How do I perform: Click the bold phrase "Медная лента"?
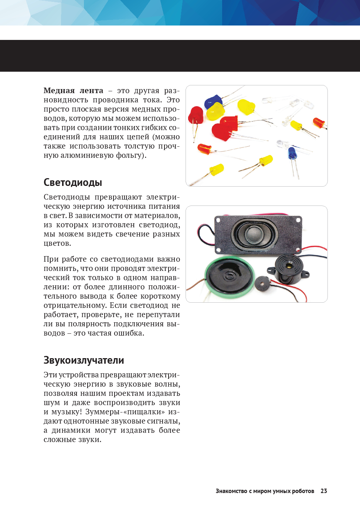pos(73,91)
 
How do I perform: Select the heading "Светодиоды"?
pos(72,183)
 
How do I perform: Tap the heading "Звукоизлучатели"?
pos(84,360)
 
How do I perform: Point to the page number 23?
pos(324,491)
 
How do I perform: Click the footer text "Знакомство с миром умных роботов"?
pos(265,491)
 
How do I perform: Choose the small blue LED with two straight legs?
pos(292,153)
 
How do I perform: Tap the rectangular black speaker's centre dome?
pos(254,234)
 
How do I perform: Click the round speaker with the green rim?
pos(229,277)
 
